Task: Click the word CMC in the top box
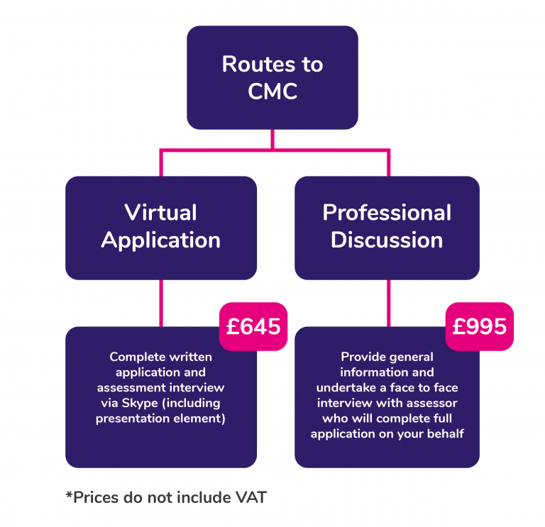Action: (272, 91)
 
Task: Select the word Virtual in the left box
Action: (160, 212)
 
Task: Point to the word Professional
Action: (387, 212)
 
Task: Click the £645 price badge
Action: (253, 326)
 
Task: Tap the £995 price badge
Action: (480, 326)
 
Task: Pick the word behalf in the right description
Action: (446, 433)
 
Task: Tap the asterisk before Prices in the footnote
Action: (69, 495)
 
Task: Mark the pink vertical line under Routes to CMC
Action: (272, 139)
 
